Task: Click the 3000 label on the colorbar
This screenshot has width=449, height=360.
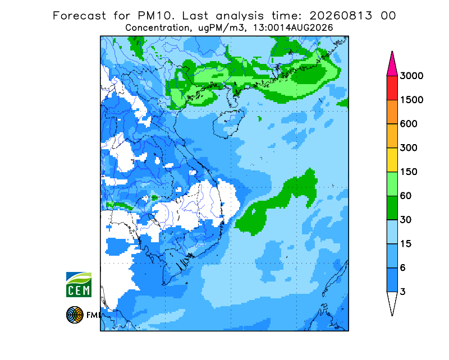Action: click(x=411, y=76)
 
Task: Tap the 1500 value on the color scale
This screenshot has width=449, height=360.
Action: click(x=411, y=100)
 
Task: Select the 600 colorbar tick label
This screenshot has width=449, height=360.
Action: click(x=409, y=124)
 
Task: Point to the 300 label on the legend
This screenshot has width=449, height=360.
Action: click(x=409, y=148)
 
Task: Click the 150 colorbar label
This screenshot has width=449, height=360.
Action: click(x=409, y=172)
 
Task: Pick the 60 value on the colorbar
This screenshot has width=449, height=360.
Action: click(x=406, y=196)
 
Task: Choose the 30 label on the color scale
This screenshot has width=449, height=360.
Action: click(x=406, y=220)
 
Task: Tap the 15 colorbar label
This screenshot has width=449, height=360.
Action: click(x=406, y=244)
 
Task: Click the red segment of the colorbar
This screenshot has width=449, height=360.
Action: click(x=392, y=88)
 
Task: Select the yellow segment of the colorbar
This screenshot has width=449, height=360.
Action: click(x=392, y=160)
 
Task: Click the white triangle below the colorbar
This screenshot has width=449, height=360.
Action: click(x=392, y=302)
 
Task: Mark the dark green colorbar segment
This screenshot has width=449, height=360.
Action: click(x=392, y=208)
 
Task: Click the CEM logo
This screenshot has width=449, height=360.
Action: click(x=79, y=284)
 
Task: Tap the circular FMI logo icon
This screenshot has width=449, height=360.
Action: click(x=75, y=315)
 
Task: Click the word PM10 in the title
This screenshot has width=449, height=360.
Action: click(x=155, y=16)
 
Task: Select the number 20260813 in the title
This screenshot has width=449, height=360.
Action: click(x=341, y=16)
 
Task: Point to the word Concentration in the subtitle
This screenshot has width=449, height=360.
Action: click(x=157, y=28)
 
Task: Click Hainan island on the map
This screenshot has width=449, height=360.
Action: click(x=228, y=123)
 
